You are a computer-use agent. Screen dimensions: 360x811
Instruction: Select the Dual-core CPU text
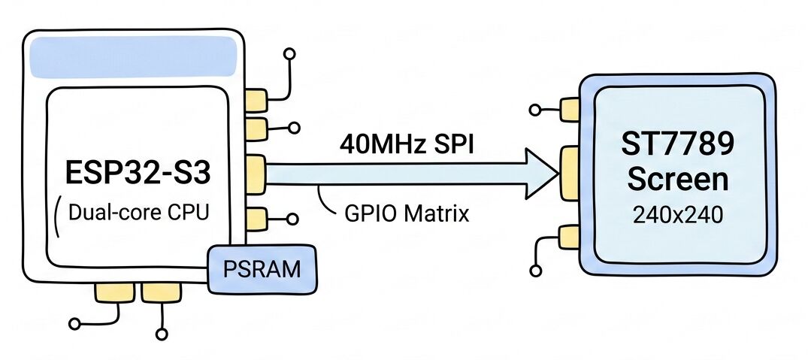pyautogui.click(x=138, y=213)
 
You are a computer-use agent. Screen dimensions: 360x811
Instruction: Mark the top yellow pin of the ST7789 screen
pyautogui.click(x=569, y=110)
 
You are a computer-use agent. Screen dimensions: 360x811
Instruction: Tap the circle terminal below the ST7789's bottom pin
pyautogui.click(x=536, y=271)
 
